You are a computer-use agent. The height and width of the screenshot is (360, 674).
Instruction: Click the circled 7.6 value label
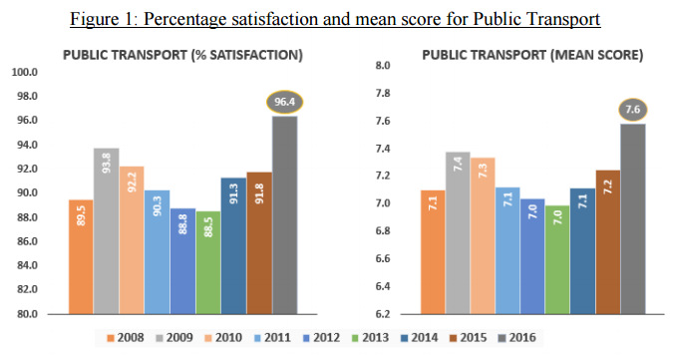point(632,110)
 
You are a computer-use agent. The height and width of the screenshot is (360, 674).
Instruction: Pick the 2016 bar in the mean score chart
point(632,218)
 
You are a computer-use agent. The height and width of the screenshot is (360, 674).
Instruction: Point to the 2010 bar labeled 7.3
point(483,235)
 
